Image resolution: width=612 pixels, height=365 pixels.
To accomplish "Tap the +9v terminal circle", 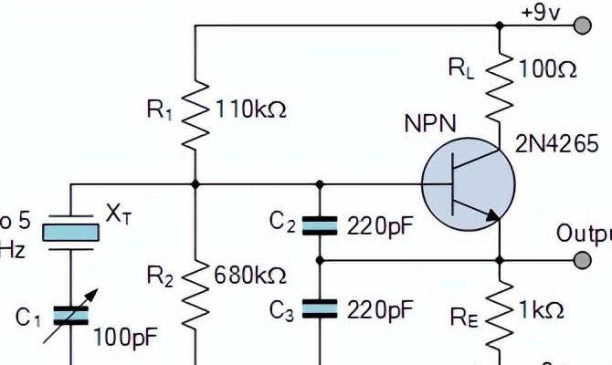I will [580, 27].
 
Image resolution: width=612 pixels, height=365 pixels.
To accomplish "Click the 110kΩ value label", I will [250, 109].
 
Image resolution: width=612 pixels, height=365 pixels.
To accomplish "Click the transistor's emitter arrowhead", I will [494, 216].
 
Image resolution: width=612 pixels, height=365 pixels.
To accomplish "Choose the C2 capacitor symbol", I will [320, 224].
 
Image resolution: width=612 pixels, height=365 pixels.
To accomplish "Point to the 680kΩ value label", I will [250, 275].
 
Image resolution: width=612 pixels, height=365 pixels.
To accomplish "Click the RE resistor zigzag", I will [501, 316].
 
